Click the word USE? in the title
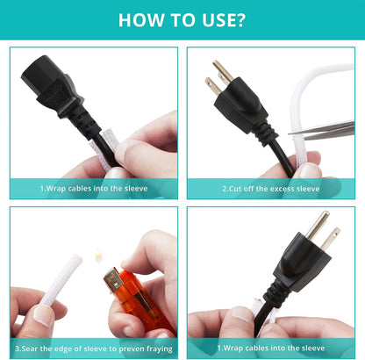tap(223, 20)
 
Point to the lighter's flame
tap(98, 255)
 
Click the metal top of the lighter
tap(113, 280)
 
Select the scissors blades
tap(322, 131)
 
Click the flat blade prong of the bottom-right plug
tap(331, 239)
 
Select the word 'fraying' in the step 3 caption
tap(160, 349)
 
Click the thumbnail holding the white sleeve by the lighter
tap(43, 315)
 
